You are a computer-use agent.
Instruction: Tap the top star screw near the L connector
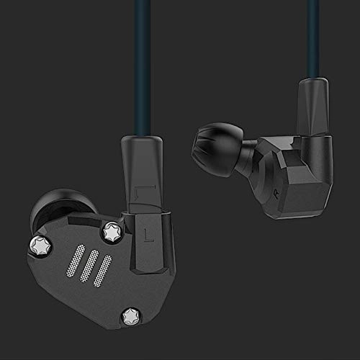click(112, 230)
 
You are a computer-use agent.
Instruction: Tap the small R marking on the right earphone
click(276, 192)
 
